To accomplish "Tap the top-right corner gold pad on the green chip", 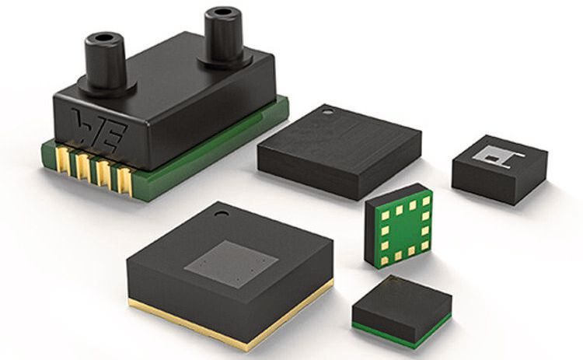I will click(x=425, y=201).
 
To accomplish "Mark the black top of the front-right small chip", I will click(x=400, y=299).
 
